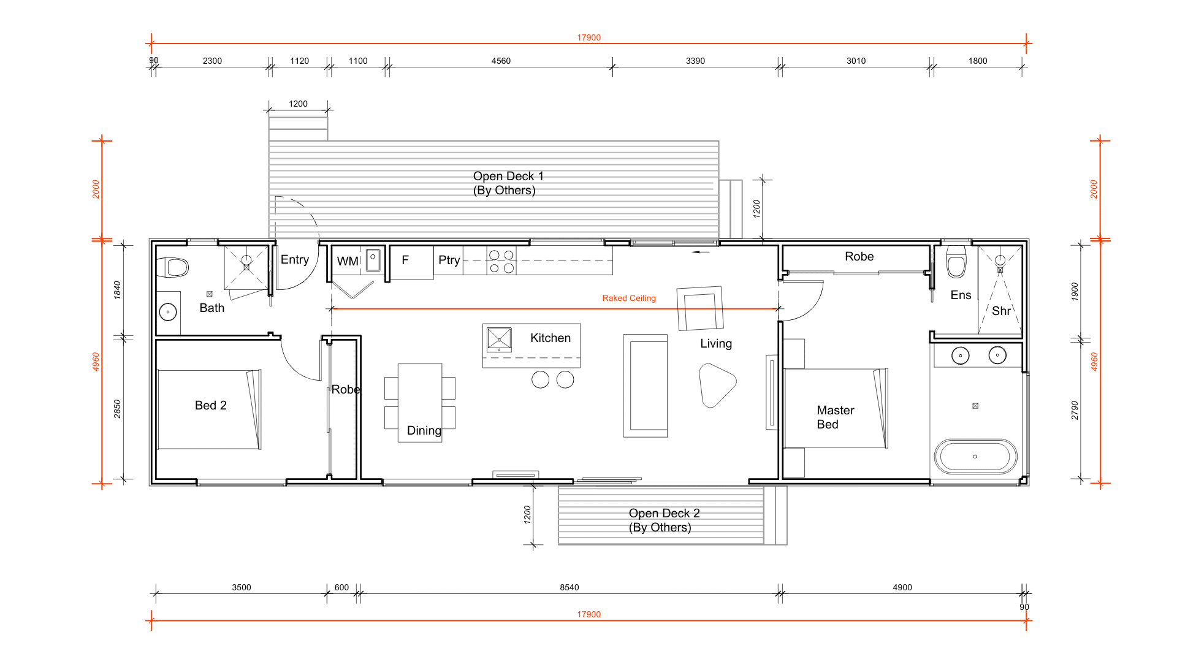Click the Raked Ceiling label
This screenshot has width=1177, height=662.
pyautogui.click(x=629, y=299)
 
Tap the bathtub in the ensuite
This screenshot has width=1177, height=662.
pyautogui.click(x=975, y=457)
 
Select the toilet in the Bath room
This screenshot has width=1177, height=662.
pyautogui.click(x=173, y=267)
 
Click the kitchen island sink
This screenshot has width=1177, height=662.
pyautogui.click(x=499, y=339)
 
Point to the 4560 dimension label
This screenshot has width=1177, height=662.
pyautogui.click(x=501, y=61)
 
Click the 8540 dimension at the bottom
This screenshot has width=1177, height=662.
pyautogui.click(x=569, y=588)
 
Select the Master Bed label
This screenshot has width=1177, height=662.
pyautogui.click(x=836, y=417)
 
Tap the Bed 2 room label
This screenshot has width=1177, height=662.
pyautogui.click(x=211, y=406)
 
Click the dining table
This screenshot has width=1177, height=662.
pyautogui.click(x=420, y=403)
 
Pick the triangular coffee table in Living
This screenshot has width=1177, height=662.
pyautogui.click(x=717, y=385)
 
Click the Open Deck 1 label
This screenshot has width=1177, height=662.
pyautogui.click(x=508, y=183)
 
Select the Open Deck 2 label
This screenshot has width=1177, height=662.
pyautogui.click(x=664, y=520)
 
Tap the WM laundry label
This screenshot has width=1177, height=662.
pyautogui.click(x=348, y=262)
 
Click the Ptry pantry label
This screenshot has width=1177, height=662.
pyautogui.click(x=449, y=261)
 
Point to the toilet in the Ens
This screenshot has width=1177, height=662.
pyautogui.click(x=956, y=262)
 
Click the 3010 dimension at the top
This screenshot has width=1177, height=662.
pyautogui.click(x=856, y=61)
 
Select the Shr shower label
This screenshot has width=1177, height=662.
pyautogui.click(x=1002, y=311)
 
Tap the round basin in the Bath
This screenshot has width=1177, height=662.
pyautogui.click(x=168, y=312)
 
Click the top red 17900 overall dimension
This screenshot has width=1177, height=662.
pyautogui.click(x=589, y=38)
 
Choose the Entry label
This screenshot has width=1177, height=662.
pyautogui.click(x=295, y=260)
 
